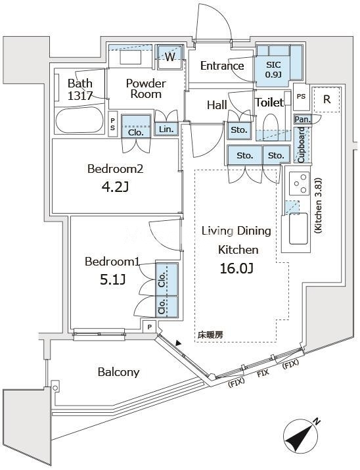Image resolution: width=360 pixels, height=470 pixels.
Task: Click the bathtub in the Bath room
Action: pos(79,120)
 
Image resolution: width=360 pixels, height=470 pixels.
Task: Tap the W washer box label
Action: pos(169,57)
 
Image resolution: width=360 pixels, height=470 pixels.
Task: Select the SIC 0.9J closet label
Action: pos(273,69)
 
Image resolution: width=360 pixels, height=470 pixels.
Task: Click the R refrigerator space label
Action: pos(326,99)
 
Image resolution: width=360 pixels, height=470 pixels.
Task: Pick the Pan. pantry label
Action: pos(302,119)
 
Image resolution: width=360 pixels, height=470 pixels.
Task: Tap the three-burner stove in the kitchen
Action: pos(300,183)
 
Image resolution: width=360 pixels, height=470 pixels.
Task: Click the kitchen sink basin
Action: pos(298,228)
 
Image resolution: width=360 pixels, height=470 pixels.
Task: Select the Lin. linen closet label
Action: pos(166,129)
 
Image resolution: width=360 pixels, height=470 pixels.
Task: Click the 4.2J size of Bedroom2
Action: pos(115,187)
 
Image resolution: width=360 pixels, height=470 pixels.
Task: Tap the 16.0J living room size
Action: pos(236,269)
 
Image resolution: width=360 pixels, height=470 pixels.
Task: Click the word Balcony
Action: pos(119,373)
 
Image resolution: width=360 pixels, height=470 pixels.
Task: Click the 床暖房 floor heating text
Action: pos(210,335)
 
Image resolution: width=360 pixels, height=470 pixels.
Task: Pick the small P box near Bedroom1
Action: pos(150,327)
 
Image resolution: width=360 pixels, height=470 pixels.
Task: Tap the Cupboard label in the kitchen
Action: pos(301,145)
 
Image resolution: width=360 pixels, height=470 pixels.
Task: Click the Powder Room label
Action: pos(146,89)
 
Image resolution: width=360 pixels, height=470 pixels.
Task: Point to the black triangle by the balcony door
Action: pos(179,344)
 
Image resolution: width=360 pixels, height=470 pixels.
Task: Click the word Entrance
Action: pos(222,66)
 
